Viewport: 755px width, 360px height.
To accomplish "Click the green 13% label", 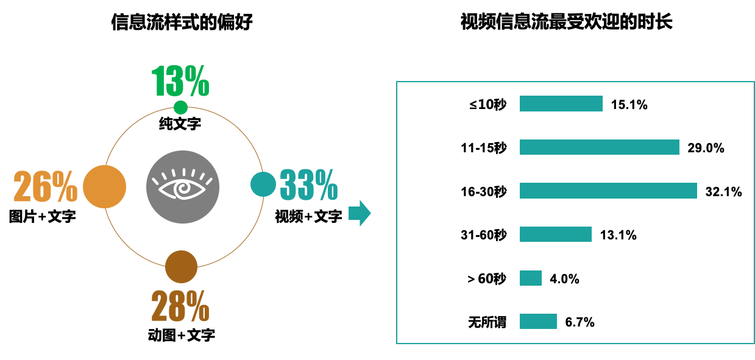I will point(180,81).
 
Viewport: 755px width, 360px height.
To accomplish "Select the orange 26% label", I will point(46,186).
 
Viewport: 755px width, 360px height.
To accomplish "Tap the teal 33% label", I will point(308,185).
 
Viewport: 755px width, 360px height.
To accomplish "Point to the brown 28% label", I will point(180,306).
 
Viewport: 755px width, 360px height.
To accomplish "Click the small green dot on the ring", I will point(180,108).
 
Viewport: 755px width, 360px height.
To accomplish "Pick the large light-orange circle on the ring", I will point(104,186).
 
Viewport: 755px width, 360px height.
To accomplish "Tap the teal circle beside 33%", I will point(263,184).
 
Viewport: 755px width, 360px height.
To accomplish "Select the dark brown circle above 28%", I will point(181,267).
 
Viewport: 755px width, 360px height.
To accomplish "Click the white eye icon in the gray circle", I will point(182,186).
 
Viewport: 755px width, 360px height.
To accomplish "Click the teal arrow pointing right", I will point(360,213).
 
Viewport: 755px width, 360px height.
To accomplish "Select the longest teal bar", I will point(608,191).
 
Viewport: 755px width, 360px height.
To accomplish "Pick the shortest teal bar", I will point(530,278).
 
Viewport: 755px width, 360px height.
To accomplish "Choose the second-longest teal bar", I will point(599,147).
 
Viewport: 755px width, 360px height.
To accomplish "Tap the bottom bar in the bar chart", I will point(538,321).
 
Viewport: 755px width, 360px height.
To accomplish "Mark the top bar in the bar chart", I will point(561,104).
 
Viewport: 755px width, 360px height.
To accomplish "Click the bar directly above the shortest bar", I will point(555,234).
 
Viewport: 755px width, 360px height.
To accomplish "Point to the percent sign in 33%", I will point(326,185).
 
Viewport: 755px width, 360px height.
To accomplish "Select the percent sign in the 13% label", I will point(197,81).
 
